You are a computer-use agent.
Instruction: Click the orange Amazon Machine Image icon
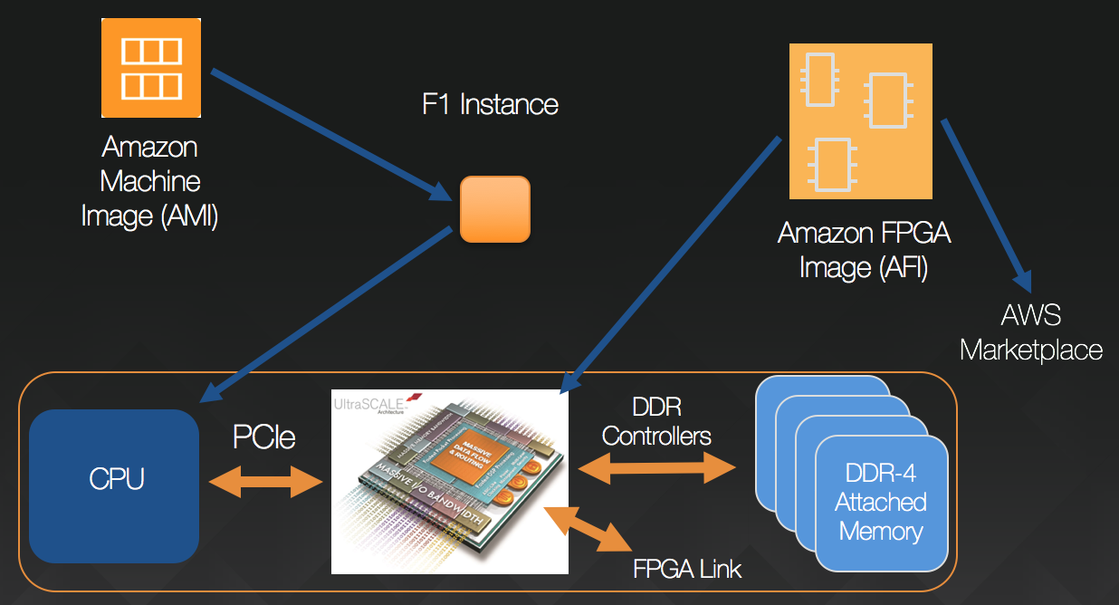pos(150,69)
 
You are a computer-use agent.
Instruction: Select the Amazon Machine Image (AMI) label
pos(149,181)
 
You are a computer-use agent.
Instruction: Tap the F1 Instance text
pos(490,104)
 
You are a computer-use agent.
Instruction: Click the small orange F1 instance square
pos(494,209)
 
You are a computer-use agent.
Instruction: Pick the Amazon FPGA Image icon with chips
pos(860,121)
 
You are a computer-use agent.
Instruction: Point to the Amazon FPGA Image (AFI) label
pos(864,252)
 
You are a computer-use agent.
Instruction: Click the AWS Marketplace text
pos(1031,332)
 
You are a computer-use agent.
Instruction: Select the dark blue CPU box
pos(114,485)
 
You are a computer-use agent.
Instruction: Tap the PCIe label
pos(264,437)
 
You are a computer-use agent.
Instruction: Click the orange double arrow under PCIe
pos(265,481)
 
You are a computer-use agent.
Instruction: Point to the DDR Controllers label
pos(656,421)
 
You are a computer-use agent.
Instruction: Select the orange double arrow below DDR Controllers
pos(656,467)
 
